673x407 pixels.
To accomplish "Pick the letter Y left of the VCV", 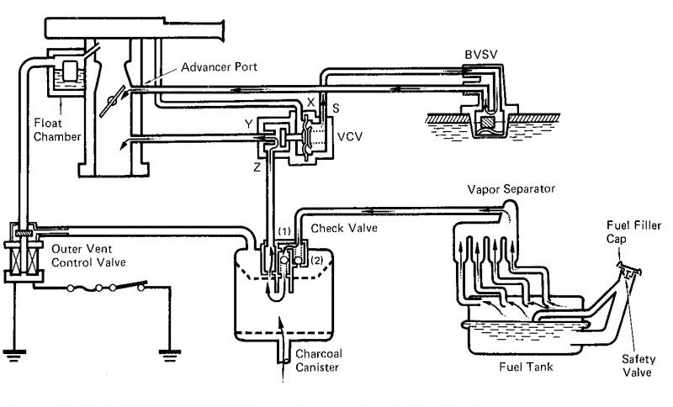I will click(248, 124).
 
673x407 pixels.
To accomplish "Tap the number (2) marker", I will click(316, 260).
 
